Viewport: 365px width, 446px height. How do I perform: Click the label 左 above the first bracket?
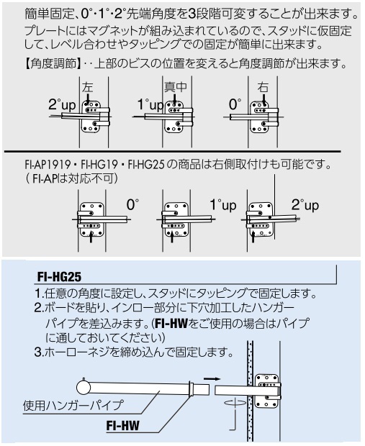87,87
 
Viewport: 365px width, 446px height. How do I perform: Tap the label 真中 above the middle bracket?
176,86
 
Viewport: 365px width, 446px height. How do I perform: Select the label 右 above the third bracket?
263,87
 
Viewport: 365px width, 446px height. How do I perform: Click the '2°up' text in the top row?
62,105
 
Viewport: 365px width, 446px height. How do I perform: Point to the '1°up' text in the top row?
150,105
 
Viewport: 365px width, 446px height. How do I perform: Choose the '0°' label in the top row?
235,104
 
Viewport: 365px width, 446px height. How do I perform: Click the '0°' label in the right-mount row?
132,205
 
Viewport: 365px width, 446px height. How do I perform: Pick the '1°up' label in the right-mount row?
223,205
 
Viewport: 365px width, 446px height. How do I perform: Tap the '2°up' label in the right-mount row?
305,205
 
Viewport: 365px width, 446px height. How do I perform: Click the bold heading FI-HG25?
59,277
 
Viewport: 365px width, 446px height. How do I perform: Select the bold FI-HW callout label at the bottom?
122,426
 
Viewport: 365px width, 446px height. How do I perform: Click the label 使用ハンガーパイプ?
73,405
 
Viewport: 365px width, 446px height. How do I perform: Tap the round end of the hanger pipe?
84,388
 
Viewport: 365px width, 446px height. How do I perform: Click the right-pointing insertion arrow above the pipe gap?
212,378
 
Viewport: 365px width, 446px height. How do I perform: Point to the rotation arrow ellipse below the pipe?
235,404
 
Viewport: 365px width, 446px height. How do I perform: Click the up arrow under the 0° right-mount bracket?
91,237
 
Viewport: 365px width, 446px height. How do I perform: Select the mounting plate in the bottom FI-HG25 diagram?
267,391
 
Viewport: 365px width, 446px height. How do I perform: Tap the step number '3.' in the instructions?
39,352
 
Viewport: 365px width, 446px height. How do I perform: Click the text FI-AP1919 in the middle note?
48,165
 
